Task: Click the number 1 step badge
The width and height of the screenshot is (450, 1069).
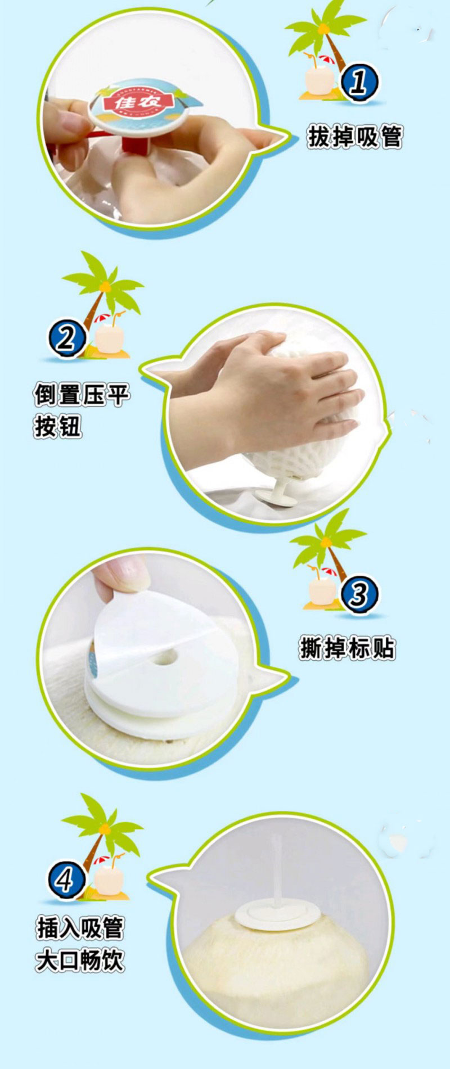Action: [359, 83]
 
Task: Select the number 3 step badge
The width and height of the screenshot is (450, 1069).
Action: [359, 594]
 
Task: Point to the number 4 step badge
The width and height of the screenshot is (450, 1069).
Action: [66, 879]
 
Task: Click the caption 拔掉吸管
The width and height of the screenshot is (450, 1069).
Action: [355, 137]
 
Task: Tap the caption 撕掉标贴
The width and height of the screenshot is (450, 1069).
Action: [347, 648]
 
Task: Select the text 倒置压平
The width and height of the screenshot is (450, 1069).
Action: [82, 395]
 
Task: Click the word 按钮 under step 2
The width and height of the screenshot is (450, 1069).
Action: [58, 427]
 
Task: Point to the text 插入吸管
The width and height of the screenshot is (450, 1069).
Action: [80, 928]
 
